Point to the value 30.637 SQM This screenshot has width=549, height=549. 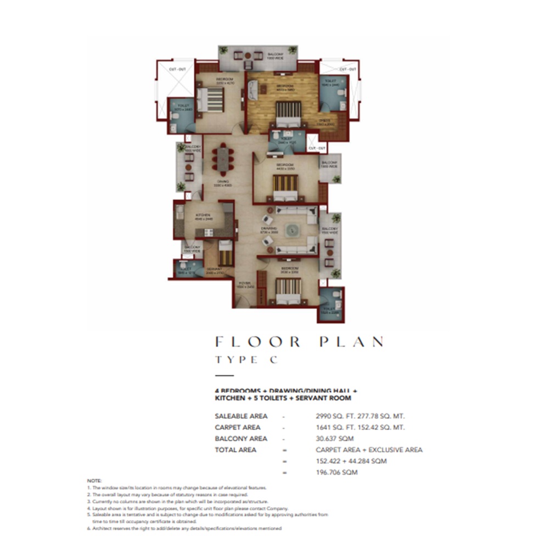pyautogui.click(x=334, y=439)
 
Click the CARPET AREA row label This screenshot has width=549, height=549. pyautogui.click(x=238, y=427)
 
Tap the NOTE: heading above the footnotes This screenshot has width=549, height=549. pyautogui.click(x=94, y=480)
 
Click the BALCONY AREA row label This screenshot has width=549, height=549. pyautogui.click(x=241, y=439)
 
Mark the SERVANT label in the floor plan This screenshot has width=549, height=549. pyautogui.click(x=214, y=270)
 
